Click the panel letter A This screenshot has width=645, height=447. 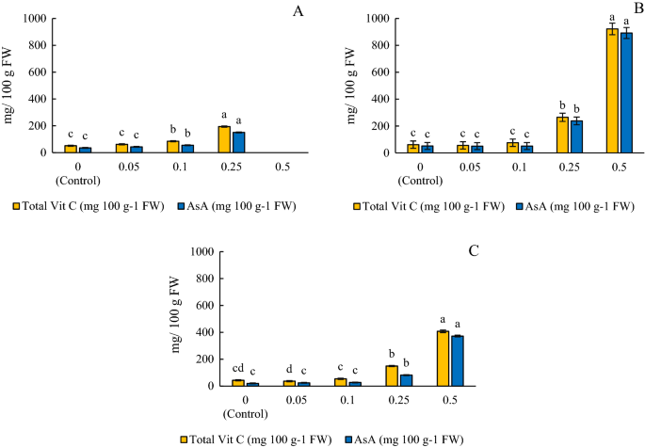click(x=299, y=12)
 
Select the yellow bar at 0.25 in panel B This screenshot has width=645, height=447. click(x=537, y=135)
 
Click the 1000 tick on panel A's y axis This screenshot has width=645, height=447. click(x=31, y=19)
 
